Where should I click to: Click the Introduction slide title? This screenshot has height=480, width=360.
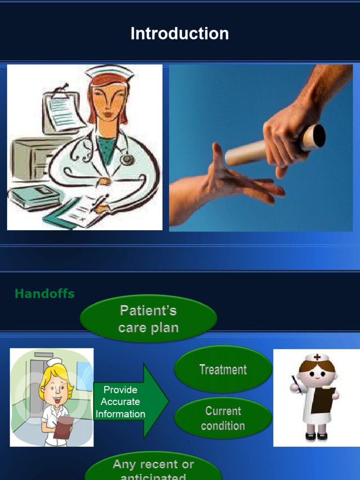[x=180, y=34]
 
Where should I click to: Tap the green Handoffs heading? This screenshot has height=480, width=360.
[x=45, y=294]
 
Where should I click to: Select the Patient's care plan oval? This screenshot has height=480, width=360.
[x=149, y=319]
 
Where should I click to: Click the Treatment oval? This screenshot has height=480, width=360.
[x=223, y=369]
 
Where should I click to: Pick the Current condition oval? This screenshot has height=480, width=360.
[x=223, y=418]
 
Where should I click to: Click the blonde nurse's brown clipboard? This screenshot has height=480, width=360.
[x=63, y=427]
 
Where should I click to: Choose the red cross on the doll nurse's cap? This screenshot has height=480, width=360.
[x=317, y=357]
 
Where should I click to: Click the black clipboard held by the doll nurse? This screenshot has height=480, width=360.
[x=323, y=399]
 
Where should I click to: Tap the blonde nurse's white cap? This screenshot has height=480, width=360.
[x=54, y=362]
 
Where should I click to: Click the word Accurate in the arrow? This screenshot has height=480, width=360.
[x=120, y=402]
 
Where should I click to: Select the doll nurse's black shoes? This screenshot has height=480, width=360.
[x=316, y=436]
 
